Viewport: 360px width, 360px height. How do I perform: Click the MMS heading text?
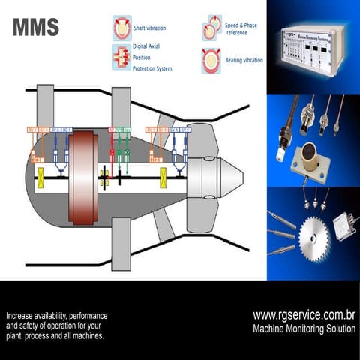36,28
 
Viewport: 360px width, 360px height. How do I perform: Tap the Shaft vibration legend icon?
121,28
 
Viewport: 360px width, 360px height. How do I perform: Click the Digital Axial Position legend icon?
121,57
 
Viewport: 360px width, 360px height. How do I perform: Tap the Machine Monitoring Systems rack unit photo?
312,50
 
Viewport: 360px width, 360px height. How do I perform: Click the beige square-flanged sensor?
308,161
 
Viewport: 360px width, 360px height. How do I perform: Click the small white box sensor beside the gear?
344,226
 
